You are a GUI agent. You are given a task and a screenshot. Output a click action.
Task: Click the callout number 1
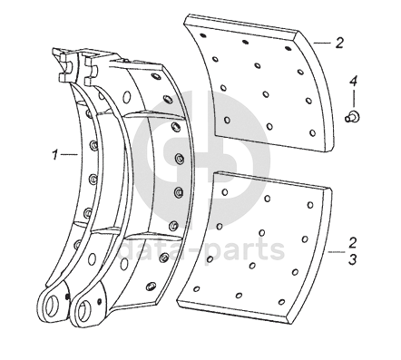coord(54,155)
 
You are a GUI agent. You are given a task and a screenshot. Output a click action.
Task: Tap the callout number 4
coord(353,82)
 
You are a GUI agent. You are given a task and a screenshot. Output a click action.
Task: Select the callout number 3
coord(352,259)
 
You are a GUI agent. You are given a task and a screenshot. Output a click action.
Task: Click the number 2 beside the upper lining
coord(339,43)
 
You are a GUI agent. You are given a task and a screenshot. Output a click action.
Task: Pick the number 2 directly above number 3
coord(352,242)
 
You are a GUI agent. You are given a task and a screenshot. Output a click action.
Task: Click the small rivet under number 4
coord(352,116)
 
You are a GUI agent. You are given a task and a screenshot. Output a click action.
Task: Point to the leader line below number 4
coord(354,99)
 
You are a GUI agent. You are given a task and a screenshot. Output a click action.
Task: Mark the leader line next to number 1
coord(69,154)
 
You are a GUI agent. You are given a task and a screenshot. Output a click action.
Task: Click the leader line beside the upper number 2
coord(322,44)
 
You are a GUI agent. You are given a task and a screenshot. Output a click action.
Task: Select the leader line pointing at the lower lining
coord(337,252)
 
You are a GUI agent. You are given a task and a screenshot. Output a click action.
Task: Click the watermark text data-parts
coord(201,250)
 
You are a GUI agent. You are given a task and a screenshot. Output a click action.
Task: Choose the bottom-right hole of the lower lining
coord(281,302)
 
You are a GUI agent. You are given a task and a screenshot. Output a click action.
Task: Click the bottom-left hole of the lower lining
coord(197,289)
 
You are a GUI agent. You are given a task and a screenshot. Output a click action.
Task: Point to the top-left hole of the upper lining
coord(203,35)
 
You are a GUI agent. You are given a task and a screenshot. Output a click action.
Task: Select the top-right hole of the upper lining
coord(289,47)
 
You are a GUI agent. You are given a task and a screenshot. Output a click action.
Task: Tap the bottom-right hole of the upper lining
coord(313,133)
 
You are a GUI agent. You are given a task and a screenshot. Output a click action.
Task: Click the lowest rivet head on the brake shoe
coord(151,286)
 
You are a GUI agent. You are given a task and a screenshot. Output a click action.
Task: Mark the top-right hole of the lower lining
coord(310,205)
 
